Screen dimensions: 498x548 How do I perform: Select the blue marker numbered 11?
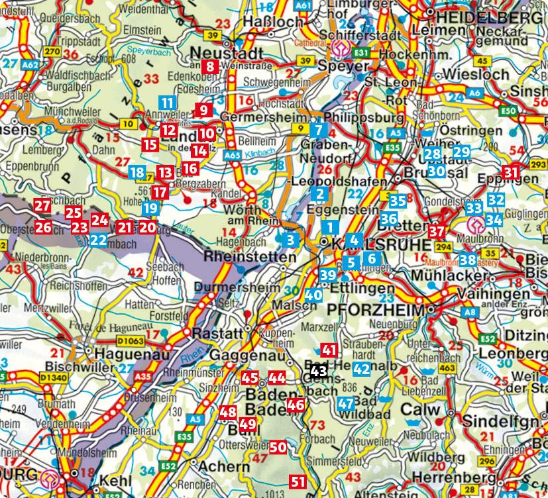[x=168, y=103]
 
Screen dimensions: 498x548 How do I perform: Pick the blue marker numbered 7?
[x=319, y=129]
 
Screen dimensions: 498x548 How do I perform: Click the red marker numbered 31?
[x=510, y=172]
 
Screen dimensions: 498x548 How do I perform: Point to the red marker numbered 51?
[x=298, y=481]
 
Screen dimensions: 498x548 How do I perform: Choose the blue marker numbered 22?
[x=98, y=239]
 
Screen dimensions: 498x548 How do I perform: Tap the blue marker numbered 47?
[x=346, y=404]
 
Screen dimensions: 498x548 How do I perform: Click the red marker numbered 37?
[x=435, y=231]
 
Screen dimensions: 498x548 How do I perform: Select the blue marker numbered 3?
[x=290, y=238]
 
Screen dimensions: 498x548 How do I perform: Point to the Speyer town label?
[x=343, y=67]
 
